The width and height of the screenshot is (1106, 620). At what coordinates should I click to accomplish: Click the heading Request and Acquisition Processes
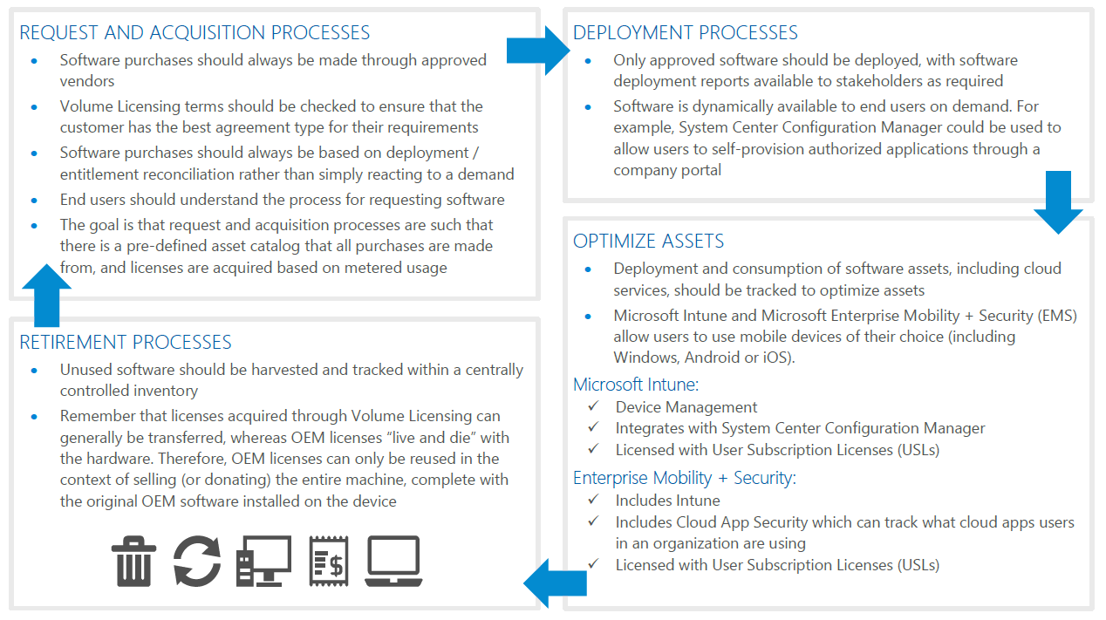pos(195,33)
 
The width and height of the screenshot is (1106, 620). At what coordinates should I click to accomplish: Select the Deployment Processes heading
pos(685,33)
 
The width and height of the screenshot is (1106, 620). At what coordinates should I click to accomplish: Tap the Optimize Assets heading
pos(648,242)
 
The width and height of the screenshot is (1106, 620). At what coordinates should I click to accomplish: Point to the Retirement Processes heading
pos(126,342)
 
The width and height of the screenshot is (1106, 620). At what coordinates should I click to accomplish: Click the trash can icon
pos(133,561)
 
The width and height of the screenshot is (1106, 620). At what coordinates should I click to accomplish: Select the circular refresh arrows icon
pos(196,561)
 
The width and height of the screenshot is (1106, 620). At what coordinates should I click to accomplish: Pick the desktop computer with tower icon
pos(263,561)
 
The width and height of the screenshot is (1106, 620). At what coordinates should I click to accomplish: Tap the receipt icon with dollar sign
pos(328,561)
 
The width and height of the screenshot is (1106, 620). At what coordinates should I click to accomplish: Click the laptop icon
pos(393,561)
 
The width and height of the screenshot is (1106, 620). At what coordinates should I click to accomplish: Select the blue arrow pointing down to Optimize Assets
pos(1058,202)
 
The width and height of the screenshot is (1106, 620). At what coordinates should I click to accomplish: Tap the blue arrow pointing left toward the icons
pos(556,583)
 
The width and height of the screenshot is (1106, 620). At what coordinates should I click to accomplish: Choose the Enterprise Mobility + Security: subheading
pos(684,478)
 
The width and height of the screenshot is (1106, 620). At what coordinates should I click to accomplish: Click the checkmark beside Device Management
pos(593,406)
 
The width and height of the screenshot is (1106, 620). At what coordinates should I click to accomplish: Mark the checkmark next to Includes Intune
pos(593,500)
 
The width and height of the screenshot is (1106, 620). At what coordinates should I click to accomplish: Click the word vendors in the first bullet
pos(87,81)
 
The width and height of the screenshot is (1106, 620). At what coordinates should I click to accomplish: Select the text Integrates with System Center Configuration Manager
pos(800,428)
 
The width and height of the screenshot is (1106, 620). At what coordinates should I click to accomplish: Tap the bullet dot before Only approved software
pos(589,61)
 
